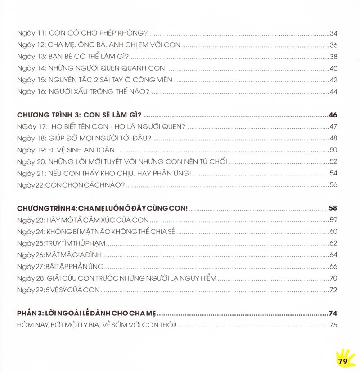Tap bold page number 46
tap(333, 115)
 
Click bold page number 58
tap(333, 208)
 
